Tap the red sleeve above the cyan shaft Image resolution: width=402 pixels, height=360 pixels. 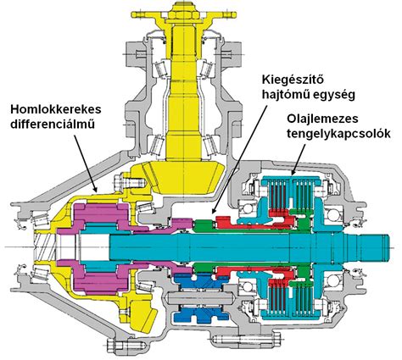tap(237, 224)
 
